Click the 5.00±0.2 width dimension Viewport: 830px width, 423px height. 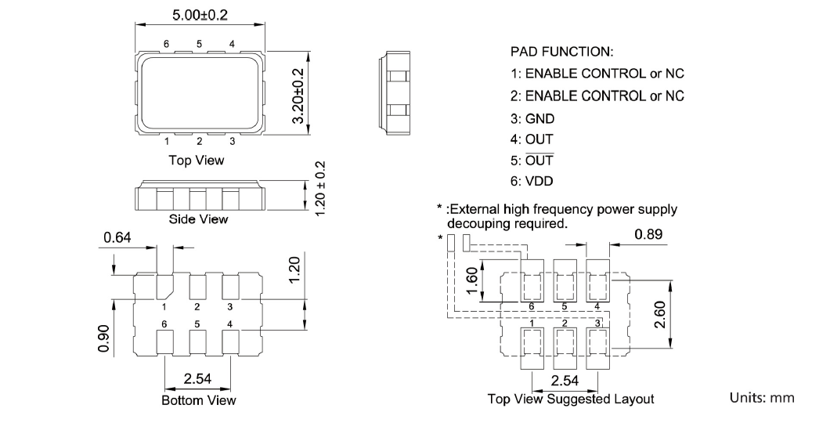pos(199,13)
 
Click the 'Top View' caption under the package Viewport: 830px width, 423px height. pos(197,160)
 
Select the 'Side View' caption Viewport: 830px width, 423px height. pos(199,219)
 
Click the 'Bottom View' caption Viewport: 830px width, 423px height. pos(199,400)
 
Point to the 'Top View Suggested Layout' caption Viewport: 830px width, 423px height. pos(570,399)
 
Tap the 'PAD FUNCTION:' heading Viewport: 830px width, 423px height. pos(561,52)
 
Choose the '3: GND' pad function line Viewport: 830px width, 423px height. pos(532,118)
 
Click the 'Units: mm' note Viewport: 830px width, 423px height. pos(762,398)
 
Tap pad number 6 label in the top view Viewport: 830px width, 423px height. pos(166,43)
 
